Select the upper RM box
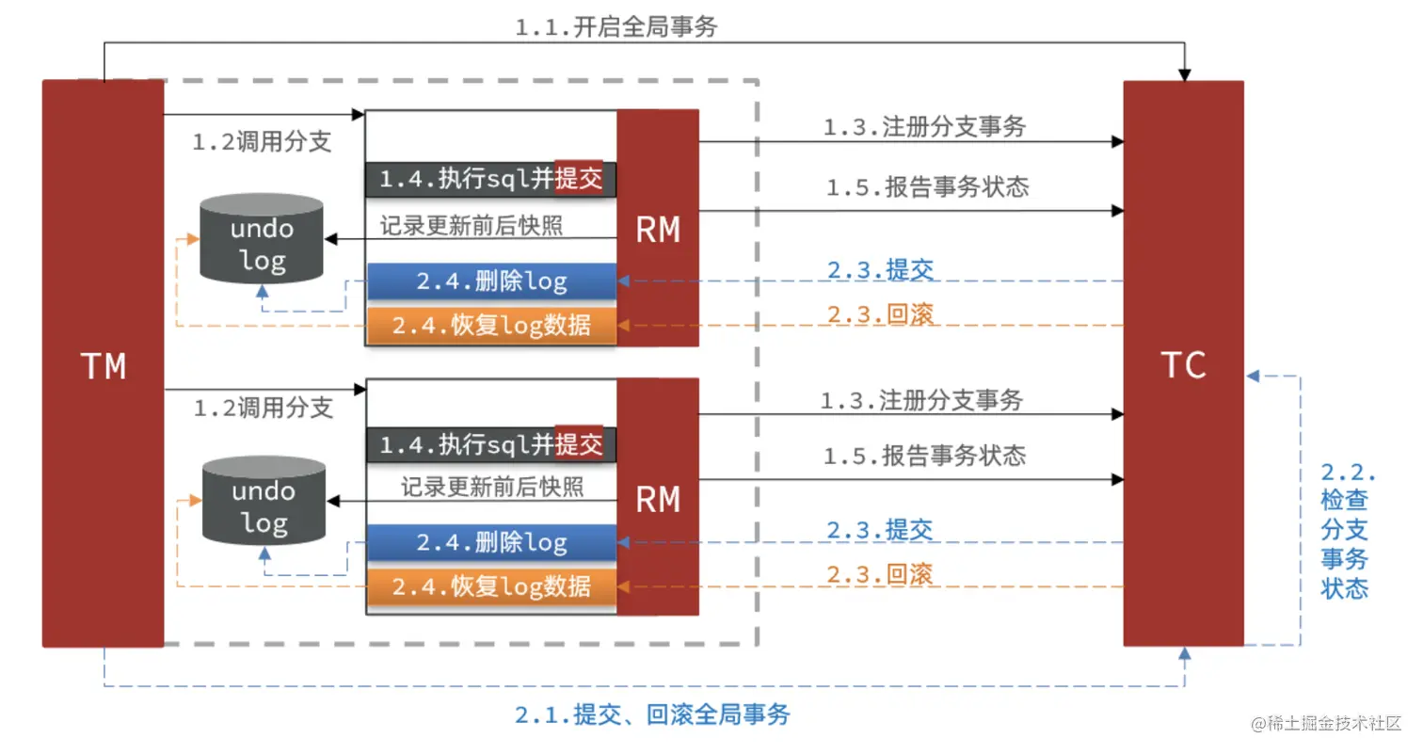point(658,228)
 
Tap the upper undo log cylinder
point(262,239)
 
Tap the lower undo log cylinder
point(264,503)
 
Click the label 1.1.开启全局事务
point(616,27)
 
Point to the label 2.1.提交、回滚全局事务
point(652,714)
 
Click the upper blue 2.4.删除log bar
point(491,281)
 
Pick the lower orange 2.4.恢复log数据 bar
point(491,586)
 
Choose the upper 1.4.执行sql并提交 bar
point(491,179)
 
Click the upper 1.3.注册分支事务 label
point(924,126)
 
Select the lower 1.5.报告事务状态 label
point(924,456)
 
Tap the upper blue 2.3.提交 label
point(880,269)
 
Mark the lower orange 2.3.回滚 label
point(880,573)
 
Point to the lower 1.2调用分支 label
point(264,408)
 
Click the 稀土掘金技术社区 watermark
point(1327,724)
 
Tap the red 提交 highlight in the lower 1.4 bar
point(578,444)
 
